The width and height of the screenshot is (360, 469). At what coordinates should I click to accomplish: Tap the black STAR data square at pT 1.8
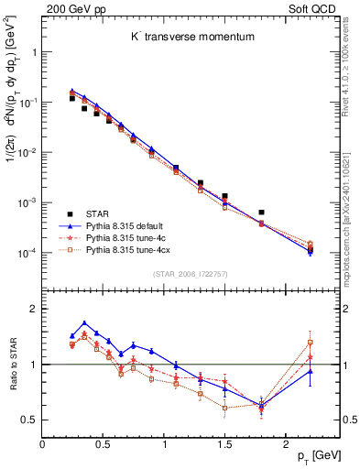point(261,213)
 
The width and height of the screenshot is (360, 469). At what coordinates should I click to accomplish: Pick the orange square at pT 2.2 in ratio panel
point(310,343)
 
